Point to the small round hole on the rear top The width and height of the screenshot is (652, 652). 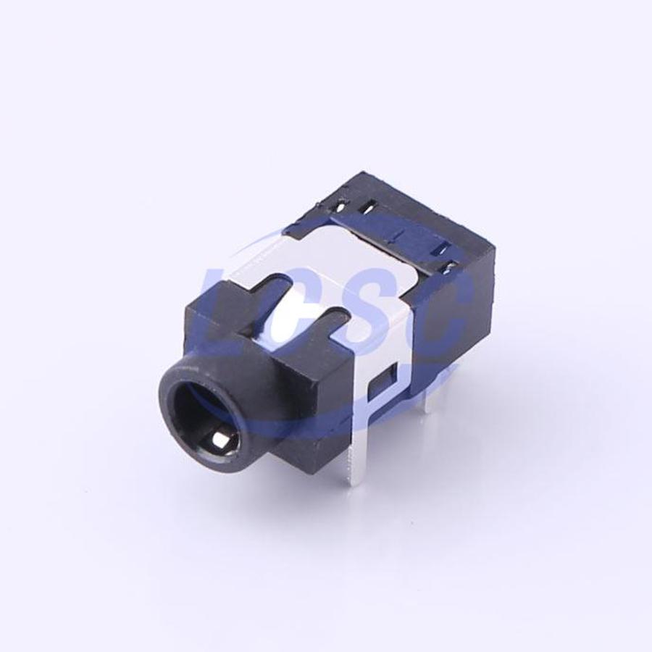click(x=341, y=205)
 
